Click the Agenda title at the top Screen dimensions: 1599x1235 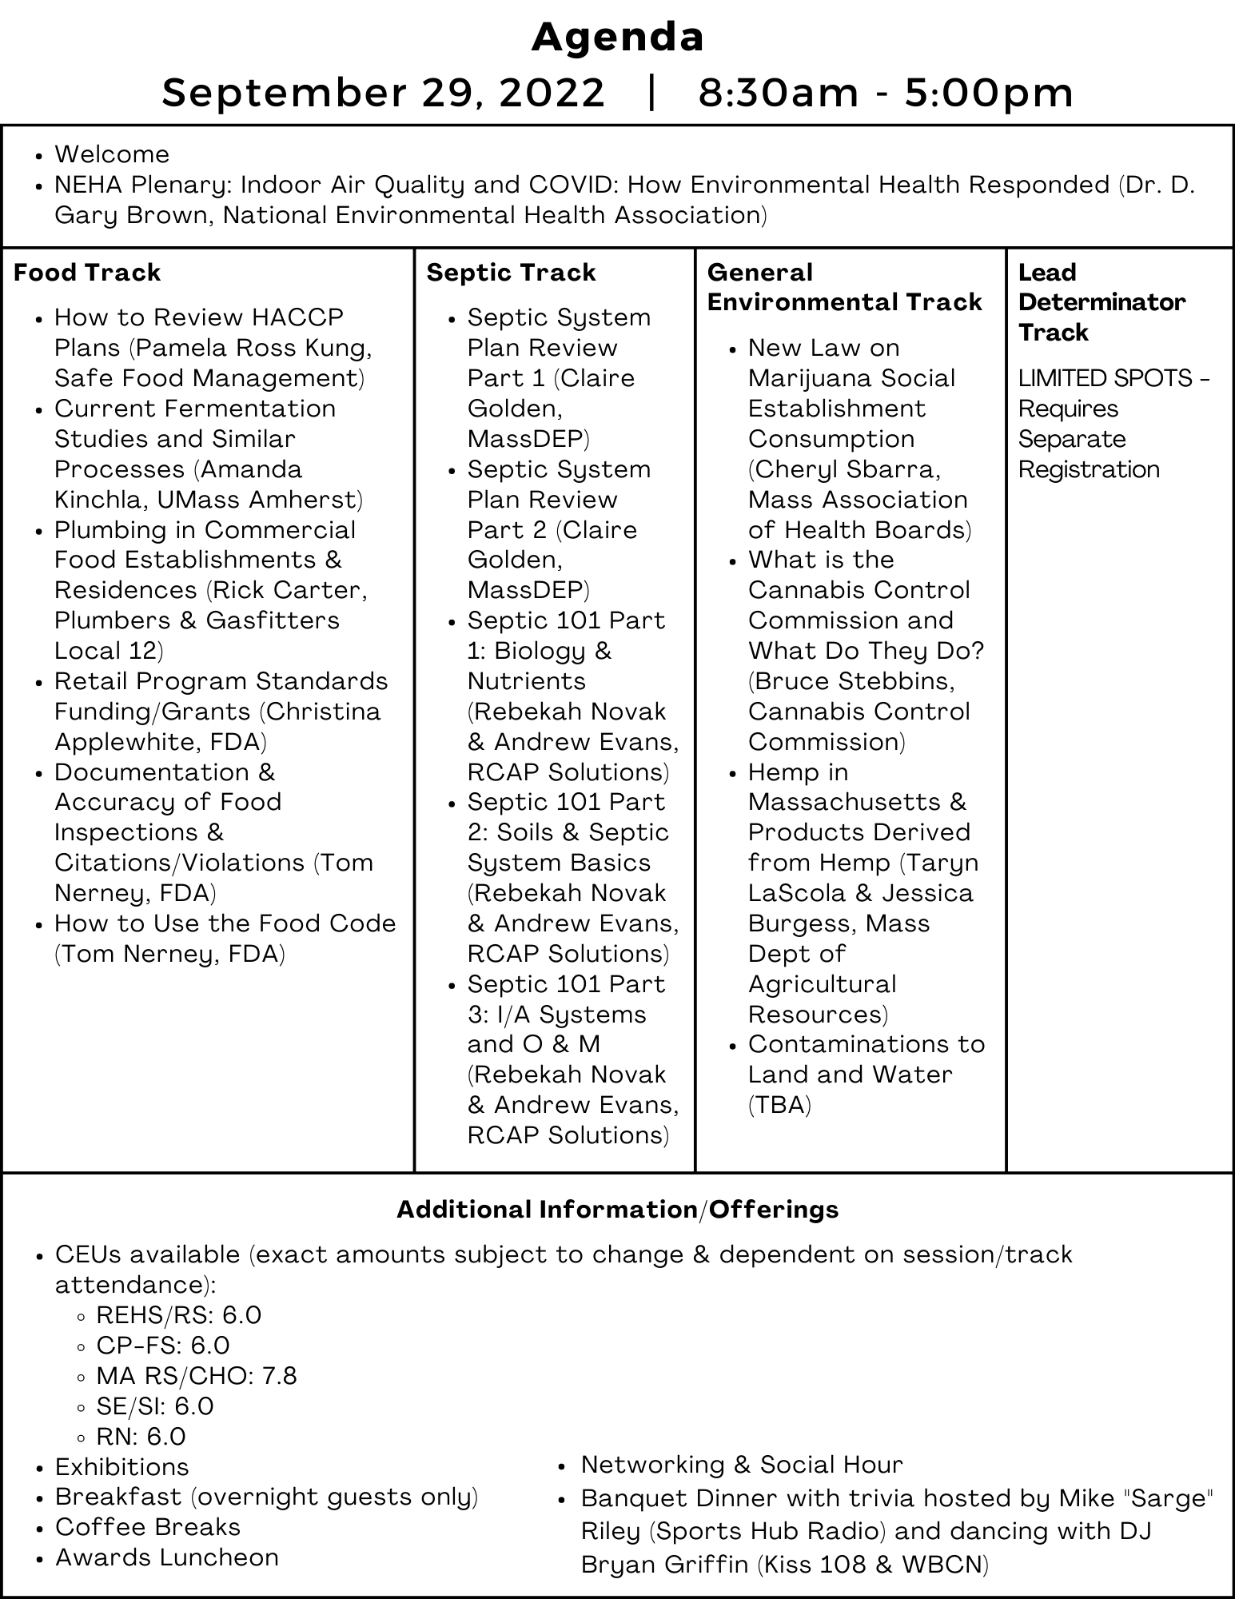pyautogui.click(x=617, y=38)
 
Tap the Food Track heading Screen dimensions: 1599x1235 pyautogui.click(x=87, y=273)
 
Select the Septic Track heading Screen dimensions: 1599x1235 pyautogui.click(x=511, y=273)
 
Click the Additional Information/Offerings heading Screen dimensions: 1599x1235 pyautogui.click(x=617, y=1210)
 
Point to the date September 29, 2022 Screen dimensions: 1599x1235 pyautogui.click(x=383, y=93)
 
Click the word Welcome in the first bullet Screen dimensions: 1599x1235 pyautogui.click(x=112, y=154)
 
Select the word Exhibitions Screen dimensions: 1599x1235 pyautogui.click(x=122, y=1467)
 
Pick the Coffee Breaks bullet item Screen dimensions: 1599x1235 pyautogui.click(x=147, y=1527)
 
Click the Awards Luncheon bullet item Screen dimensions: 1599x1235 pyautogui.click(x=166, y=1557)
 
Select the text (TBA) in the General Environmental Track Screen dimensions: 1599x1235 pyautogui.click(x=779, y=1105)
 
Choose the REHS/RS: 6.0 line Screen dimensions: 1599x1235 pyautogui.click(x=178, y=1315)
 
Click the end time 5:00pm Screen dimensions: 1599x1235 pyautogui.click(x=989, y=93)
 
